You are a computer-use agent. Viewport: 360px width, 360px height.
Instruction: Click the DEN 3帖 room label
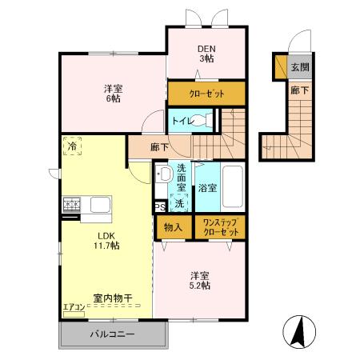click(x=206, y=53)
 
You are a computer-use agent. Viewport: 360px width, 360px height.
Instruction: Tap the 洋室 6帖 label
click(x=112, y=94)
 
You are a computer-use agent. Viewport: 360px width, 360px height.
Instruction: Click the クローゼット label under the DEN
click(x=206, y=94)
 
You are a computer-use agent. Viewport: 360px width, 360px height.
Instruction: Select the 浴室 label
click(x=206, y=189)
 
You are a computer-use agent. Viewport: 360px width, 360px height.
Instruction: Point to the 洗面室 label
click(x=182, y=178)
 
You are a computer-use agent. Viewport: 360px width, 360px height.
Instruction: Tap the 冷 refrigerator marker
click(x=72, y=147)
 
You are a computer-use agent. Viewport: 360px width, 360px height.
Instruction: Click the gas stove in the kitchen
click(x=71, y=205)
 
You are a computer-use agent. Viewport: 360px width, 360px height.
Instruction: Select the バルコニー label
click(x=111, y=333)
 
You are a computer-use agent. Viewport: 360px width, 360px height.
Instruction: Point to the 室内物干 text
click(x=112, y=298)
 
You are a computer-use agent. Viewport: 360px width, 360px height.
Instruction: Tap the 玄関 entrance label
click(x=298, y=67)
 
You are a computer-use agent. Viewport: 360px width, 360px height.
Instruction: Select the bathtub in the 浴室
click(x=234, y=187)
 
